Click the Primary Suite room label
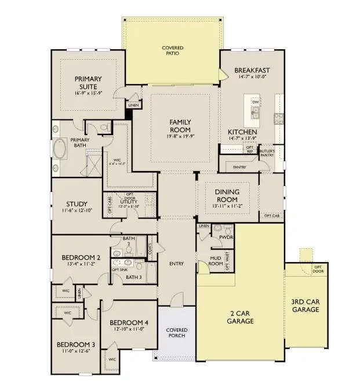88,82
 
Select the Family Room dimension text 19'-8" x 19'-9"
180,136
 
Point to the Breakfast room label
252,71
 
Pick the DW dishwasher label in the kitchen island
255,103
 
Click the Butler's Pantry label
267,153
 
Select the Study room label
77,204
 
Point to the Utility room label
129,201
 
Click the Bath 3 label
133,277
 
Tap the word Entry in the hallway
176,264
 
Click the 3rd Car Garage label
306,306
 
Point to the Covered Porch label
176,333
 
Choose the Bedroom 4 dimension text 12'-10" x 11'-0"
129,329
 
